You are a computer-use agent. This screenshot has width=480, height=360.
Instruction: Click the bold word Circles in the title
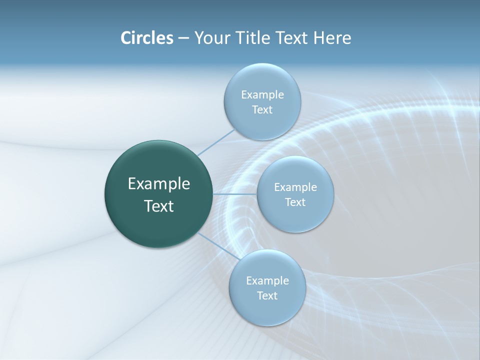pos(146,38)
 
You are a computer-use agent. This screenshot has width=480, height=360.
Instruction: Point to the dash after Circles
pos(183,38)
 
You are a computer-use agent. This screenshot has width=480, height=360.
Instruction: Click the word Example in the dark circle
pos(159,184)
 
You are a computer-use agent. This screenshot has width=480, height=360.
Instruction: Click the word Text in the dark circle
pos(159,206)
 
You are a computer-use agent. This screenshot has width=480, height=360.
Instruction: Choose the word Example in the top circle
pos(262,94)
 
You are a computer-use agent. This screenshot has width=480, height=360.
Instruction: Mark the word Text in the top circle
pos(262,110)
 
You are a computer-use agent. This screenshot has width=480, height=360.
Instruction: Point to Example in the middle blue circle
pos(295,187)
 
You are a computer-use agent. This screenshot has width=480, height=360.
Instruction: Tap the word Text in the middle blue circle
pos(295,202)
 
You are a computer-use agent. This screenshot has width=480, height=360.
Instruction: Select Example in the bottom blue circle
pos(267,280)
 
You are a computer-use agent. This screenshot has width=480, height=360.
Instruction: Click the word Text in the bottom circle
pos(267,296)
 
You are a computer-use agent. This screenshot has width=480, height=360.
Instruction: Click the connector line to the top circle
pos(216,142)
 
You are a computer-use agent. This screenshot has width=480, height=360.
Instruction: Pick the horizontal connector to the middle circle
pos(234,193)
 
